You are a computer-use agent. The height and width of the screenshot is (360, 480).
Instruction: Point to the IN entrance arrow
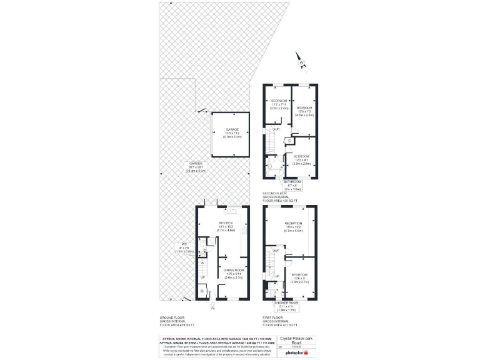(x=212, y=306)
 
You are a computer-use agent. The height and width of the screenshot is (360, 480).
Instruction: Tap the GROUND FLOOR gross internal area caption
(x=177, y=321)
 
